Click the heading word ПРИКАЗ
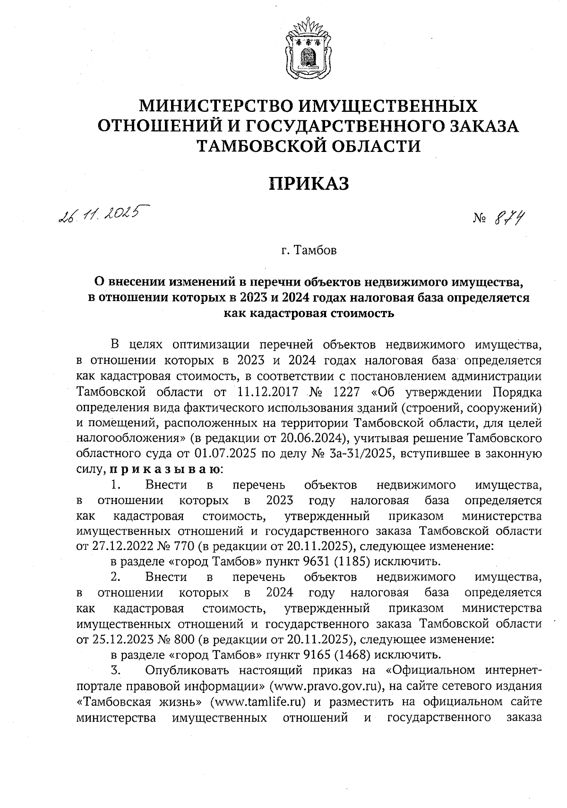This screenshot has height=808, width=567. pos(309,183)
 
